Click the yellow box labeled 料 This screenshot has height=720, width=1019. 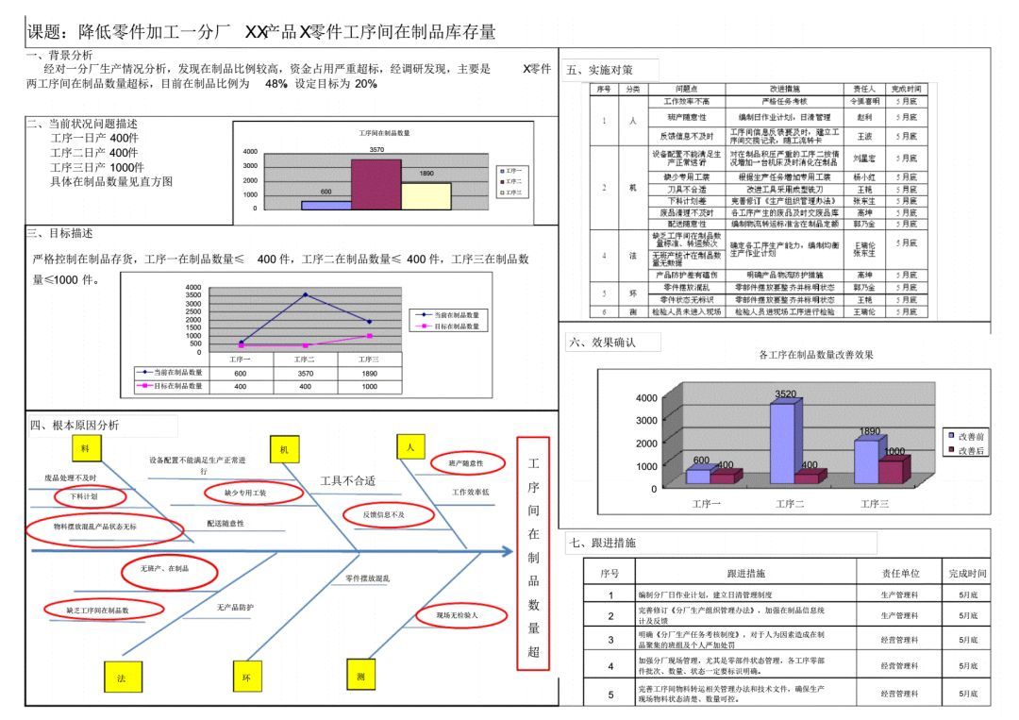[x=86, y=448]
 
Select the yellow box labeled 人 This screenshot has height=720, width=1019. [x=410, y=448]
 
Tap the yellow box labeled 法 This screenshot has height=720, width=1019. [x=121, y=678]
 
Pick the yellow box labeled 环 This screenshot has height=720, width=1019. [x=247, y=677]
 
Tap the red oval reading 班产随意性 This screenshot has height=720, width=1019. [x=465, y=463]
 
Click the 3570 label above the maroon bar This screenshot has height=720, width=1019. [x=376, y=150]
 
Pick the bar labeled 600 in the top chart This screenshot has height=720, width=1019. [x=326, y=204]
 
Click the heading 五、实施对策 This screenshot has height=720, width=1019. [x=600, y=70]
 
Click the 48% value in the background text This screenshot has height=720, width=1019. [x=276, y=84]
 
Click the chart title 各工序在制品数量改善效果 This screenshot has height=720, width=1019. [x=816, y=355]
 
